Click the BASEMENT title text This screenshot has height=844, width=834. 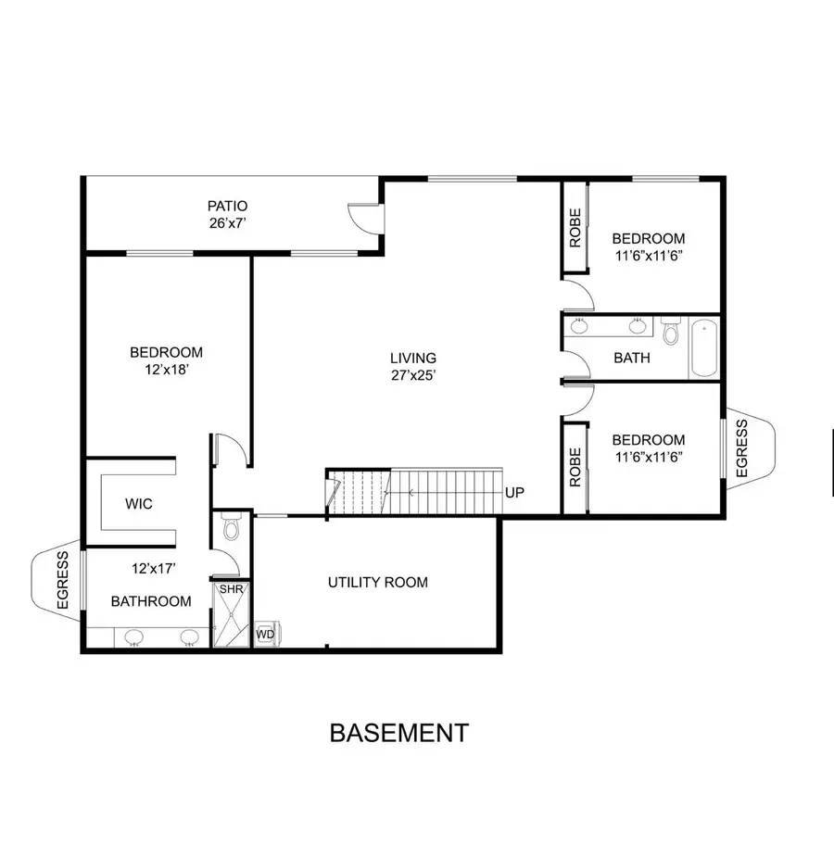click(x=398, y=733)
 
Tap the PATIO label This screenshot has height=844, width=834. click(x=227, y=206)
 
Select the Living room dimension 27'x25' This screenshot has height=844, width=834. click(x=412, y=375)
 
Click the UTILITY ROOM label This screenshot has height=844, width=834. click(x=378, y=583)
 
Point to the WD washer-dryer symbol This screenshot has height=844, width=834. click(x=265, y=634)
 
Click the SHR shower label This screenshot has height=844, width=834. click(x=229, y=589)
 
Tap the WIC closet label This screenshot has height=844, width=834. click(x=139, y=505)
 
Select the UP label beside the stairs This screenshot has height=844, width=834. click(x=515, y=492)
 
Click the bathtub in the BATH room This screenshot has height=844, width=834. click(x=704, y=347)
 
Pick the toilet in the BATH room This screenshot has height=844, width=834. click(x=672, y=331)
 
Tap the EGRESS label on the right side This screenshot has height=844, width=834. click(x=742, y=449)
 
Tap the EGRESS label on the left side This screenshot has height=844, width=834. click(x=62, y=580)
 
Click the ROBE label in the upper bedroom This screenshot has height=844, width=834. click(x=575, y=230)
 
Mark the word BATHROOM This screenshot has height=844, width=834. click(x=151, y=601)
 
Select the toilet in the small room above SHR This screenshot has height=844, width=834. click(x=231, y=526)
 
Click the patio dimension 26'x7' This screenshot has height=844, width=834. click(x=227, y=222)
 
